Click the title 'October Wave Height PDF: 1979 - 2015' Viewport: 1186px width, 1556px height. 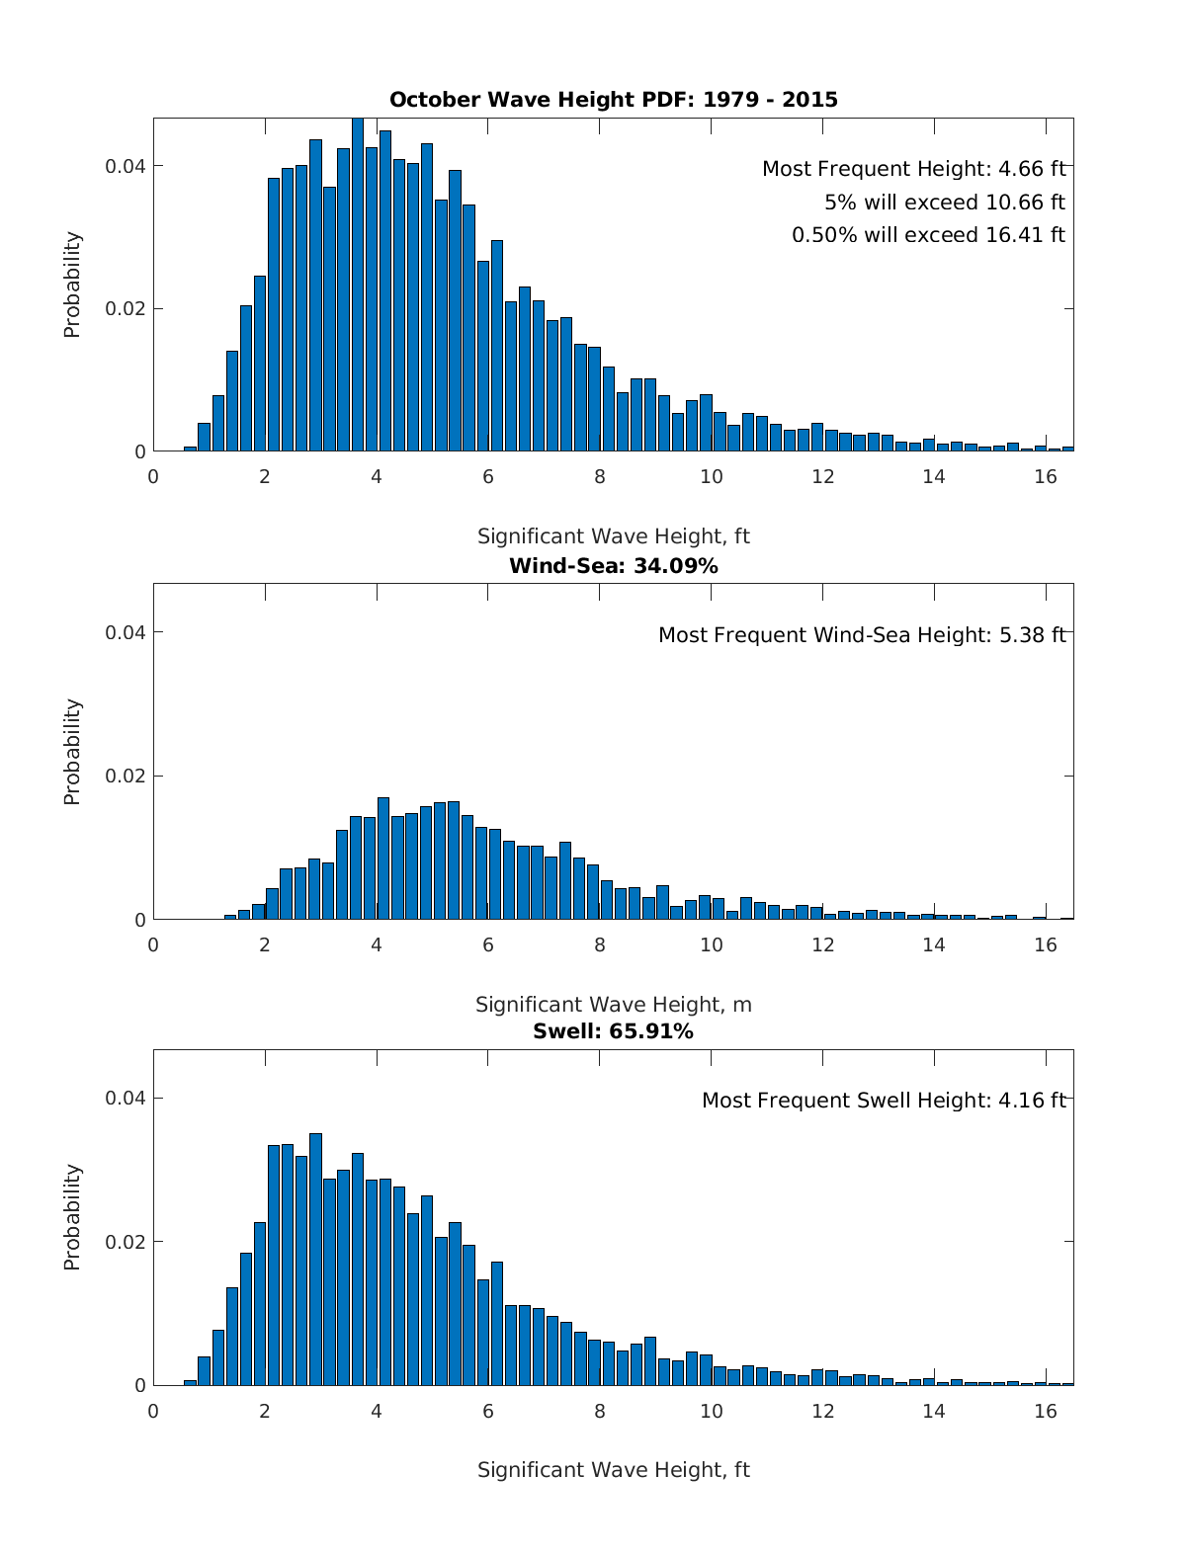613,100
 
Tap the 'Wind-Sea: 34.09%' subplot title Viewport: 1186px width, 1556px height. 613,566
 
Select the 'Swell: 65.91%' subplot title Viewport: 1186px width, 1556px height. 613,1032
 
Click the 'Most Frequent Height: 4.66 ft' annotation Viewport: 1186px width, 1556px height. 913,169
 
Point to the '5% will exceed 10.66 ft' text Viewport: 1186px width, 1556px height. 944,203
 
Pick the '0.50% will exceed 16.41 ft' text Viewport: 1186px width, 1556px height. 928,235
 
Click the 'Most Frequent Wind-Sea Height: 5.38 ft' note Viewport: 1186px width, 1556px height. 862,635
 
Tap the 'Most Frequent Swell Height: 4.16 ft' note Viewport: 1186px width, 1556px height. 884,1101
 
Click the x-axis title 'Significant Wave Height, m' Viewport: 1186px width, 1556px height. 613,1005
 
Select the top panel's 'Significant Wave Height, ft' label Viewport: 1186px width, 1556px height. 613,536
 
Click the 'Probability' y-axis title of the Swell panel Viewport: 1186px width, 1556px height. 72,1217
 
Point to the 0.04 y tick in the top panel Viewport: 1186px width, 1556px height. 126,166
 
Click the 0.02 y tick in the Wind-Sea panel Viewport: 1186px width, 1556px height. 126,777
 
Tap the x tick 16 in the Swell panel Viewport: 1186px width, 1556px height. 1046,1411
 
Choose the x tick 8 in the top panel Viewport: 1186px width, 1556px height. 600,476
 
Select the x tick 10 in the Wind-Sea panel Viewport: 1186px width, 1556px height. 712,944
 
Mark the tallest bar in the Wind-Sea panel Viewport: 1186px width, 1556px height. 383,859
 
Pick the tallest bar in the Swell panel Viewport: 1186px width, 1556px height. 315,1260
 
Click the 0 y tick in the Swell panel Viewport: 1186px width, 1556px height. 140,1386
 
